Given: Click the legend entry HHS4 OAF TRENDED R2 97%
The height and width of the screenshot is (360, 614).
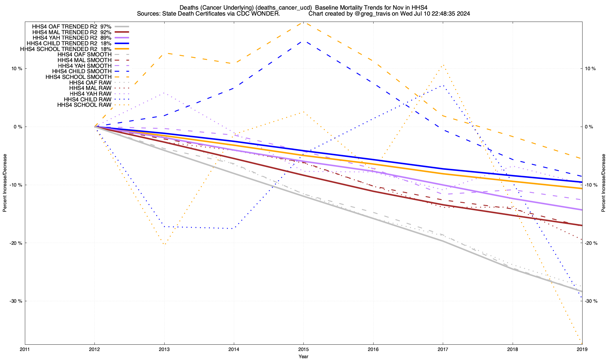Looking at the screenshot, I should click(x=72, y=26).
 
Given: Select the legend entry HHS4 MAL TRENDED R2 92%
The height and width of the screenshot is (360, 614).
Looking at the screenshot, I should click(x=72, y=32).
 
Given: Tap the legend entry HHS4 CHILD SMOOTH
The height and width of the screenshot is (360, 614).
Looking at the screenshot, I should click(x=82, y=71).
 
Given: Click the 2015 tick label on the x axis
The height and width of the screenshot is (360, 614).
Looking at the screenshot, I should click(x=303, y=349).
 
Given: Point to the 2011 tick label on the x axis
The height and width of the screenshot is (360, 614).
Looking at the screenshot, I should click(x=25, y=349).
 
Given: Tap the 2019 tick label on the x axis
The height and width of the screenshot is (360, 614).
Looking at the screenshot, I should click(x=582, y=349).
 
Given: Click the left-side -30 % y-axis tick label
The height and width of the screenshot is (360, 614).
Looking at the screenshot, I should click(x=16, y=301).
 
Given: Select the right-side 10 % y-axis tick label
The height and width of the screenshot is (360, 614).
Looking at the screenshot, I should click(x=590, y=69).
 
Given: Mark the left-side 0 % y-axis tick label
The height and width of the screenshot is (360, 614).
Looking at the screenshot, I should click(x=18, y=127).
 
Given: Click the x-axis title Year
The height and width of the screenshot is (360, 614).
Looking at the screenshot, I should click(x=303, y=356).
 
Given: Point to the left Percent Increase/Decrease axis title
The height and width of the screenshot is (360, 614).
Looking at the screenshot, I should click(x=5, y=183).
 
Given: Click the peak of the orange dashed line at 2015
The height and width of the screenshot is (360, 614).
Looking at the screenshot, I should click(x=303, y=22).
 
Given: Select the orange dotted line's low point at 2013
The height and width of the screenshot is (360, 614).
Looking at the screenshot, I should click(x=164, y=244).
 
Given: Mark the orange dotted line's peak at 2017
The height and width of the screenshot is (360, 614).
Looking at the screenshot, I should click(x=443, y=65).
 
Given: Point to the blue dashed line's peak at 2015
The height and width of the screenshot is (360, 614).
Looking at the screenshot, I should click(x=303, y=41).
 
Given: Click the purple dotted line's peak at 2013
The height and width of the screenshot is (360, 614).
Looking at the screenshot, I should click(x=164, y=93).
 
